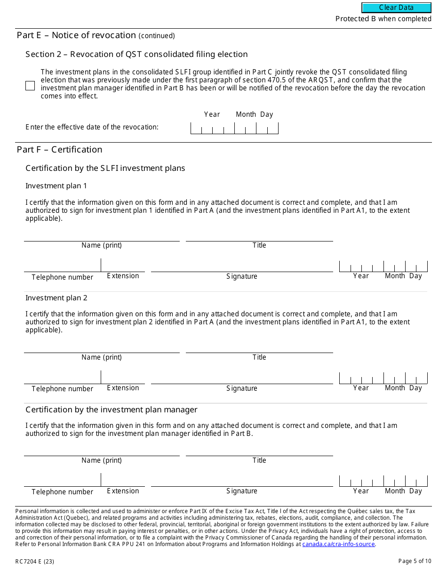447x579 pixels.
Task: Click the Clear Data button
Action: [396, 8]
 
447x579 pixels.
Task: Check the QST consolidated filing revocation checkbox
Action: [30, 86]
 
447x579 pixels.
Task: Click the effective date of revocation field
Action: [234, 128]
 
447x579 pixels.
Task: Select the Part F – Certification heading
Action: [59, 150]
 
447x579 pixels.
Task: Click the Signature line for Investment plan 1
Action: [242, 266]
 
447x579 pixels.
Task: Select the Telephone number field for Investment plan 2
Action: [62, 378]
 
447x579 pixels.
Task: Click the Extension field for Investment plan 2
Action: [123, 378]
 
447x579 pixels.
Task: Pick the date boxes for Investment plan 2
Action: [383, 378]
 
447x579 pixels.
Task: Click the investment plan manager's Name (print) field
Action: [102, 450]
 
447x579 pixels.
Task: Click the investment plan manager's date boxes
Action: [383, 481]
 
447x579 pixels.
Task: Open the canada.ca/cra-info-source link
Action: [338, 544]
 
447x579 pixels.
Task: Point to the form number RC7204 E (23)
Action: [35, 561]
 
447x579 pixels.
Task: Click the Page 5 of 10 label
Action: [415, 561]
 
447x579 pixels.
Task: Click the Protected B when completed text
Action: [383, 19]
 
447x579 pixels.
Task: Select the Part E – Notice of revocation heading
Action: [96, 35]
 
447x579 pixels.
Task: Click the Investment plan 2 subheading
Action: [56, 298]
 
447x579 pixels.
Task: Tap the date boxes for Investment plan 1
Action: [383, 266]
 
